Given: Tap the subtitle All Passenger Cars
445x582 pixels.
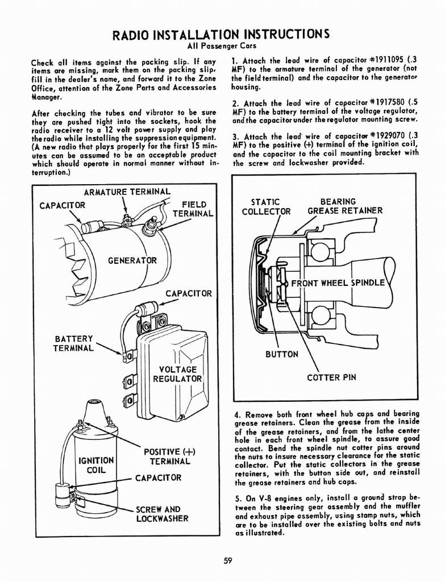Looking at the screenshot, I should (222, 45).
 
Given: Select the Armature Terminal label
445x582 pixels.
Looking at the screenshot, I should (127, 192).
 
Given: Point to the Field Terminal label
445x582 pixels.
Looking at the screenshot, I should (193, 209).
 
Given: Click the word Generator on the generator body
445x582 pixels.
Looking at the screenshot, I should (132, 261).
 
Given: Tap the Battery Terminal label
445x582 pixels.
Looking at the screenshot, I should (74, 343).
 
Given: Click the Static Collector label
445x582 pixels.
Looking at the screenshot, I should (266, 206).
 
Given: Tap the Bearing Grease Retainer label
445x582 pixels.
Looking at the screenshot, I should (344, 206).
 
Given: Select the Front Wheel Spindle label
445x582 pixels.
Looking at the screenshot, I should (338, 283).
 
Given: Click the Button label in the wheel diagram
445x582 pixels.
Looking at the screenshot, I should (282, 354).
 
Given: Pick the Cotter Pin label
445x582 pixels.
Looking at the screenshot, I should (331, 377).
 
